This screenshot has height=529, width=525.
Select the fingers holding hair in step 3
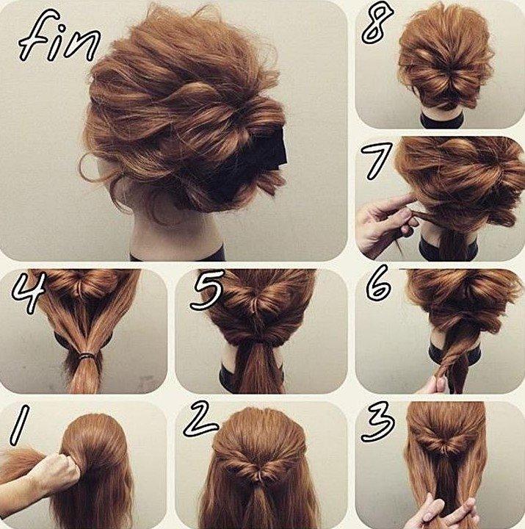pyautogui.click(x=441, y=511)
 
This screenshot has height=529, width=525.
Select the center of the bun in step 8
pyautogui.click(x=445, y=77)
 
